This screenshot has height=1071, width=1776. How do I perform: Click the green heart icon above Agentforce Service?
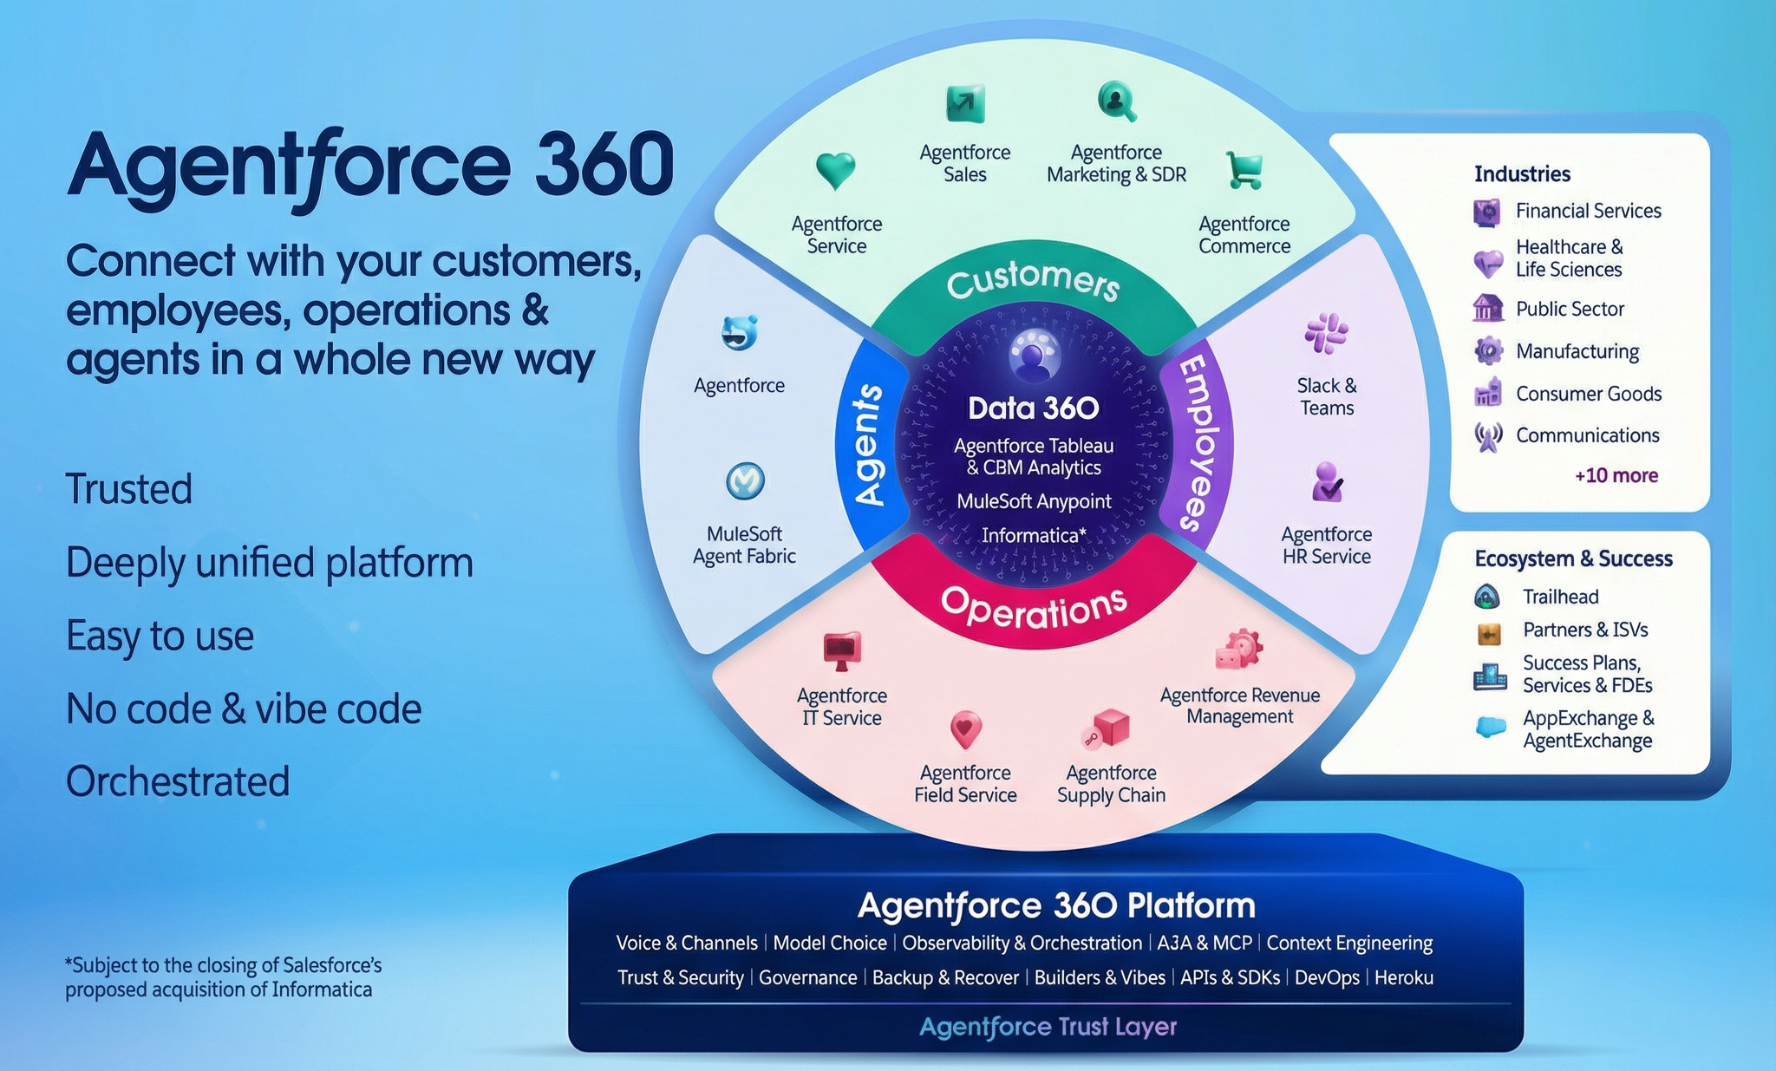836,170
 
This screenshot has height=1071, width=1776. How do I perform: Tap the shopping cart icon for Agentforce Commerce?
1244,170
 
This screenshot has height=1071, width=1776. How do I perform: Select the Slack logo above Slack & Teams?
1326,333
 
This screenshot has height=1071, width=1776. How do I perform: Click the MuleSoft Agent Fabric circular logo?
745,480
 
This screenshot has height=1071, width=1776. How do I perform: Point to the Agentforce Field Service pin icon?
965,729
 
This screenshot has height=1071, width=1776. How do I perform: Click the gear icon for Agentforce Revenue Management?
1239,650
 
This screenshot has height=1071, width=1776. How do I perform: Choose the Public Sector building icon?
1488,308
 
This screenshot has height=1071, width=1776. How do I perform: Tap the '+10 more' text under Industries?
1616,475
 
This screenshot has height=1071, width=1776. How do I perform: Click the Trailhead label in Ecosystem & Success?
1560,597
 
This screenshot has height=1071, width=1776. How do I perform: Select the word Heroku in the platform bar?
1403,977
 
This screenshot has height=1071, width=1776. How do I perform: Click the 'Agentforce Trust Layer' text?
1048,1027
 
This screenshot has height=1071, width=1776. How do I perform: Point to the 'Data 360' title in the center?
1033,408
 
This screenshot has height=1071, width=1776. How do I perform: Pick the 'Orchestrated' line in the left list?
178,781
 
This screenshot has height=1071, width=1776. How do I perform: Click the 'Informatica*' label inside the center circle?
1034,535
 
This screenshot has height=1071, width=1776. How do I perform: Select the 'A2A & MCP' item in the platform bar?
1204,943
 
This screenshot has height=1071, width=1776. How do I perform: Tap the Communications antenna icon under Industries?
1488,436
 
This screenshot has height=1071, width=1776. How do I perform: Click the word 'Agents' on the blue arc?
868,444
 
